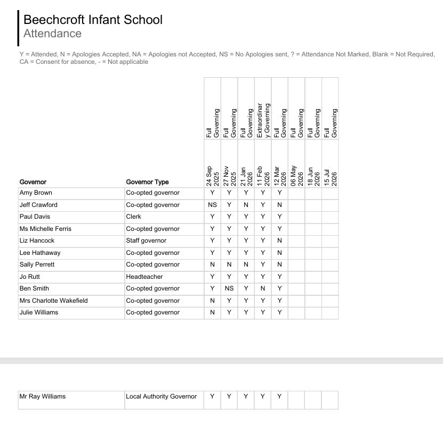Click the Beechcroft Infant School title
(x=93, y=20)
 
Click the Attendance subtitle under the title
(x=52, y=34)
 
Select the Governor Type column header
(x=147, y=182)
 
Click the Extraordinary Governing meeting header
(x=263, y=120)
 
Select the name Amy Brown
(x=36, y=193)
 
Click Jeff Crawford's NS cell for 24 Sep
(x=212, y=205)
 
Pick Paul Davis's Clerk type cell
(x=133, y=217)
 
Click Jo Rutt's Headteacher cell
(x=144, y=277)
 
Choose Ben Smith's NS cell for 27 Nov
(x=229, y=288)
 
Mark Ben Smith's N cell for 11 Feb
(x=263, y=288)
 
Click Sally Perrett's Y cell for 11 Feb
(x=263, y=264)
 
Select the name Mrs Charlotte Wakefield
(x=53, y=301)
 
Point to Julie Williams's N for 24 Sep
(x=212, y=312)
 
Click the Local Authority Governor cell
(x=161, y=396)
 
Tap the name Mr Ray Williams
(x=43, y=396)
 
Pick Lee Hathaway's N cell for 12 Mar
(x=279, y=253)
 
